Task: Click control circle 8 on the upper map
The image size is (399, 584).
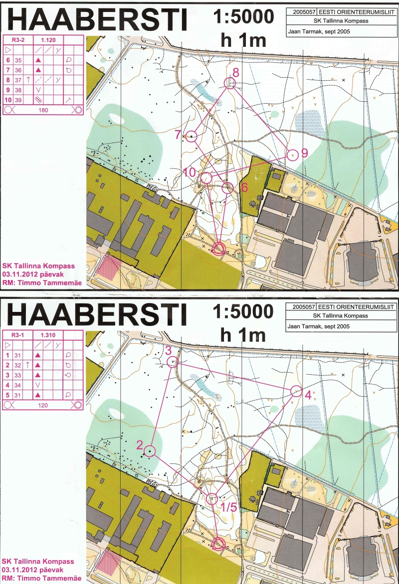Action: (231, 83)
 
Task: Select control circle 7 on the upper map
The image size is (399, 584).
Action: (192, 136)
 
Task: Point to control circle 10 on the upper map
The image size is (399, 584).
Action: (206, 178)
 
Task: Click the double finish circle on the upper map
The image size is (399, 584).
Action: (219, 248)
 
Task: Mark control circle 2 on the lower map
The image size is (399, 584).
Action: (150, 451)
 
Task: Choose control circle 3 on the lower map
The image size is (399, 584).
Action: (172, 363)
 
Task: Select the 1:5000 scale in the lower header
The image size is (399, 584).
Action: (243, 312)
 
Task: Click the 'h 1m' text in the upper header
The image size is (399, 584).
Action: (243, 40)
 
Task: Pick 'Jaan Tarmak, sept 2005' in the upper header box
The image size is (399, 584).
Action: (320, 31)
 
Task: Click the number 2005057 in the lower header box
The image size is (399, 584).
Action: (302, 307)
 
